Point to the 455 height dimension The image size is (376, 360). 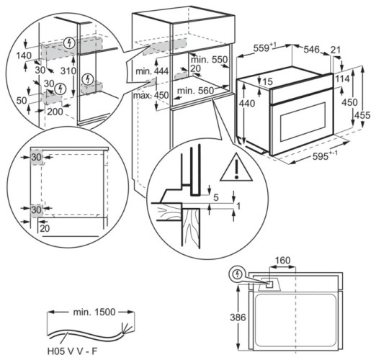coord(365,115)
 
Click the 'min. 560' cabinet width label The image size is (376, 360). coord(194,90)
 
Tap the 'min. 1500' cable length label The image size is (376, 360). coord(90,313)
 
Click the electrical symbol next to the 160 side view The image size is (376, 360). coord(238,274)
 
